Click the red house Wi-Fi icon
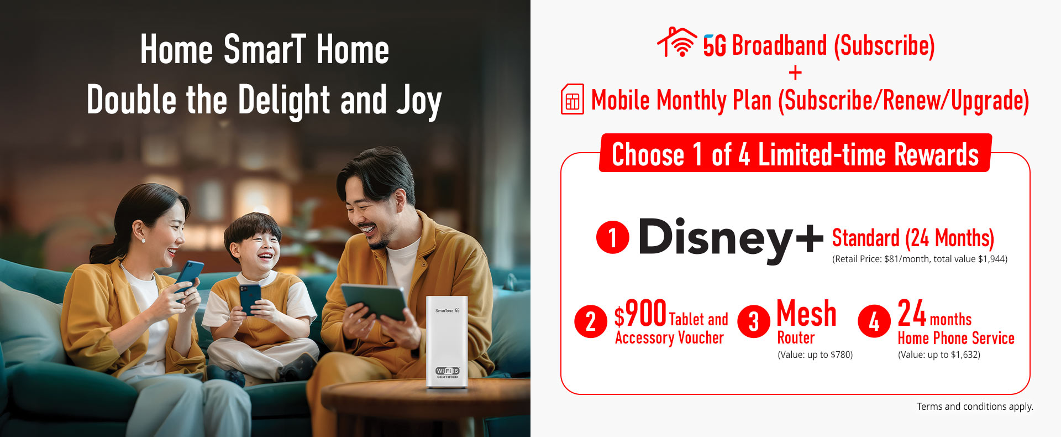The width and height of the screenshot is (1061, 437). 677,43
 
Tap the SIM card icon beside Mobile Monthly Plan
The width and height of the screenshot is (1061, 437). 572,100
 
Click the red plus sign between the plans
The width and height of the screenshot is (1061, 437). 795,72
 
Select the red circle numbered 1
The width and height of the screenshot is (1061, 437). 612,237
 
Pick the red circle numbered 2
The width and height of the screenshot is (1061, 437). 591,321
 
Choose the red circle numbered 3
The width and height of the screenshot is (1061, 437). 753,321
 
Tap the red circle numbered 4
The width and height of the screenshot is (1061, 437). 874,321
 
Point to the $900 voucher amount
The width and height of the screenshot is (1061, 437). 640,314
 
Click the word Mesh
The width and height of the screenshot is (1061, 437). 806,314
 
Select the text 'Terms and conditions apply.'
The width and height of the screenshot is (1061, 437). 975,407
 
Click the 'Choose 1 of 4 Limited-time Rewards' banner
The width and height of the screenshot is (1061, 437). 795,153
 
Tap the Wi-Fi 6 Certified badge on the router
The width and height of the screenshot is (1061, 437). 447,372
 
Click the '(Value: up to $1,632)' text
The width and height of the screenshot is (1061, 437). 939,355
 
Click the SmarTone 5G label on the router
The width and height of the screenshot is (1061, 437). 447,311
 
